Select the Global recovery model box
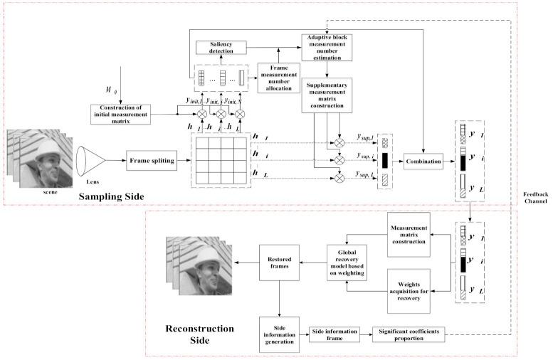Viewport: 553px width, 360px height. [x=347, y=263]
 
